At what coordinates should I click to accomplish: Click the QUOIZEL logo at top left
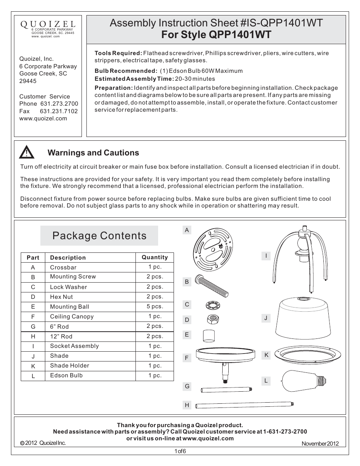[48, 24]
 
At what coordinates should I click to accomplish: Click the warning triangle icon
[27, 152]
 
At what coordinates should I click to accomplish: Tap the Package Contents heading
[99, 236]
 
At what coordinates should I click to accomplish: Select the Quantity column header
[154, 257]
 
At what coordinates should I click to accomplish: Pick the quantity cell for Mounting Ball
[154, 306]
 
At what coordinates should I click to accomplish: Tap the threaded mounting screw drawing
[214, 285]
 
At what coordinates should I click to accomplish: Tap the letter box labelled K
[266, 355]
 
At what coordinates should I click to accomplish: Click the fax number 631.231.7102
[58, 111]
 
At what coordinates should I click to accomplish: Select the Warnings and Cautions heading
[93, 153]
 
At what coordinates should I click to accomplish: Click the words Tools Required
[118, 53]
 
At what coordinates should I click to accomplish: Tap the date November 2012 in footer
[320, 444]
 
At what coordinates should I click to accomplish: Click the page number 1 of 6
[180, 451]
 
